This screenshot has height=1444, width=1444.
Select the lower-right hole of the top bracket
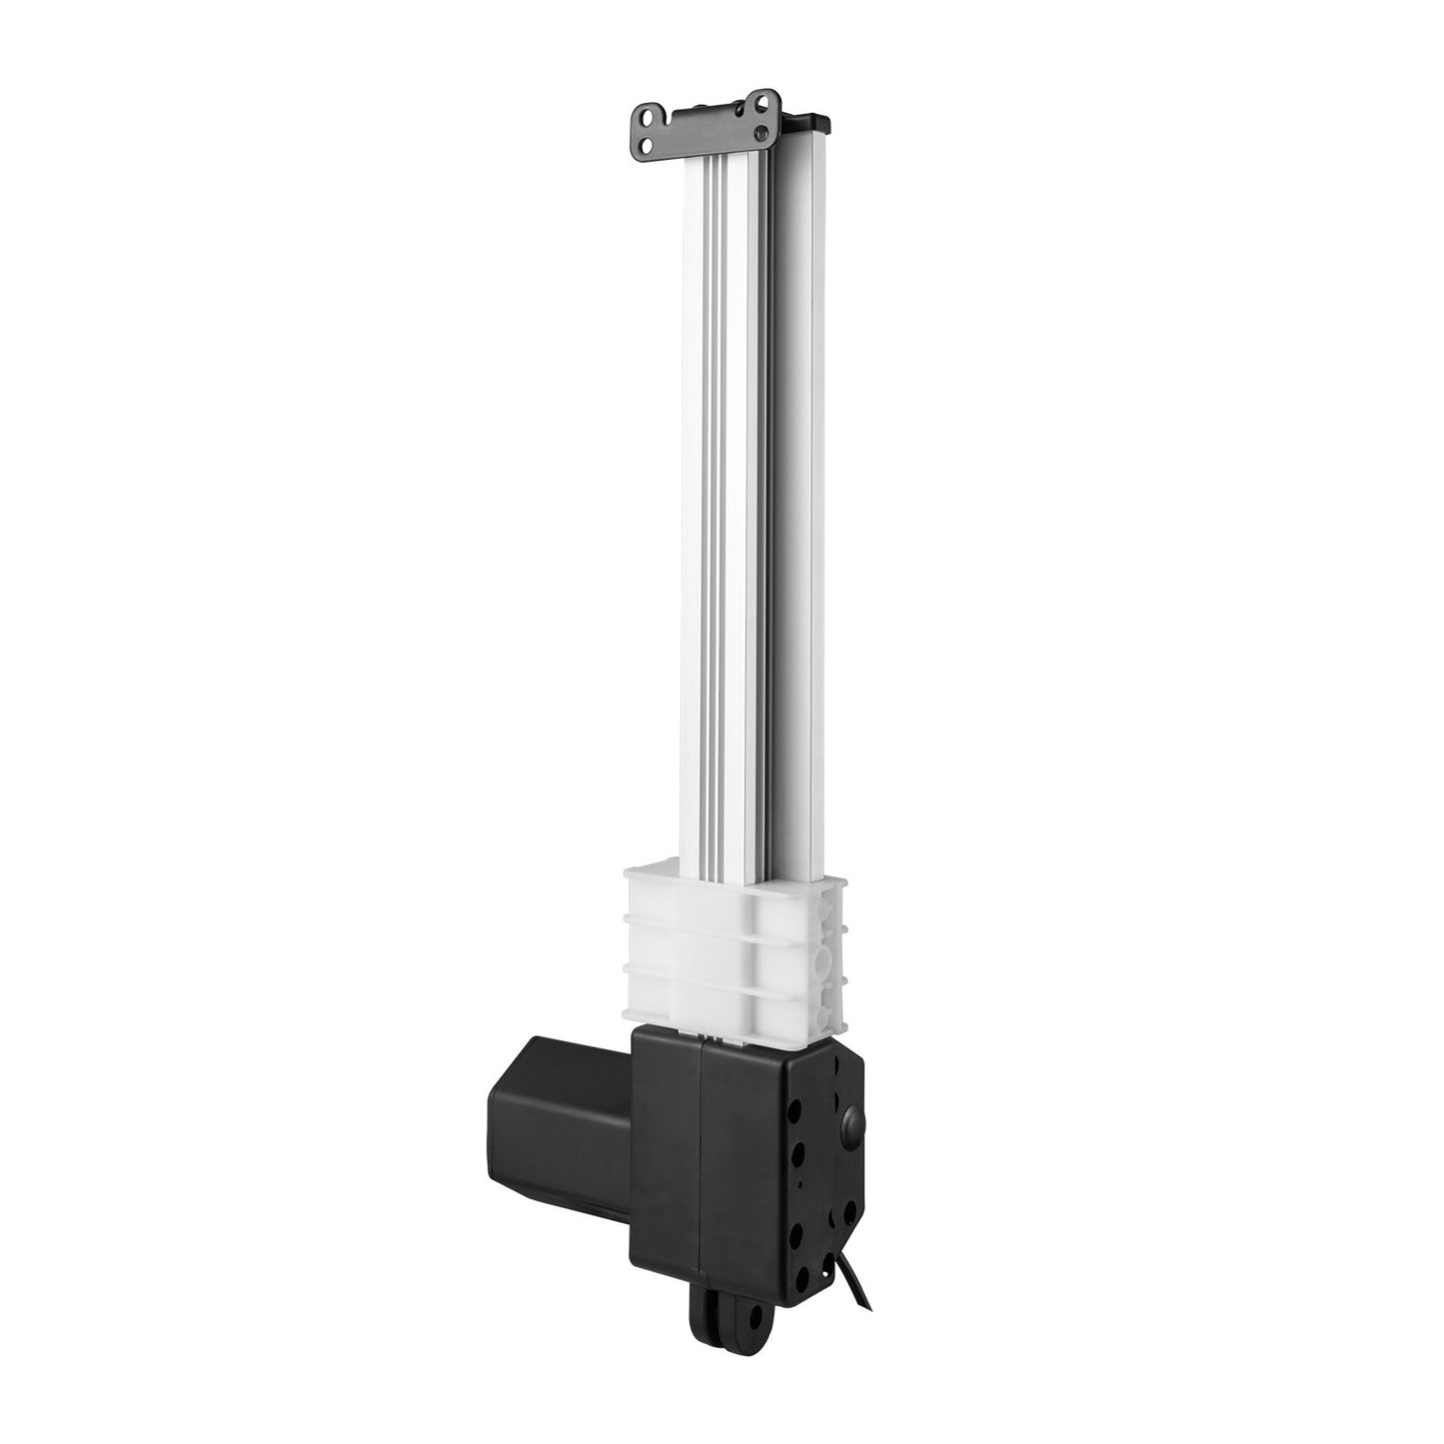tap(764, 132)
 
